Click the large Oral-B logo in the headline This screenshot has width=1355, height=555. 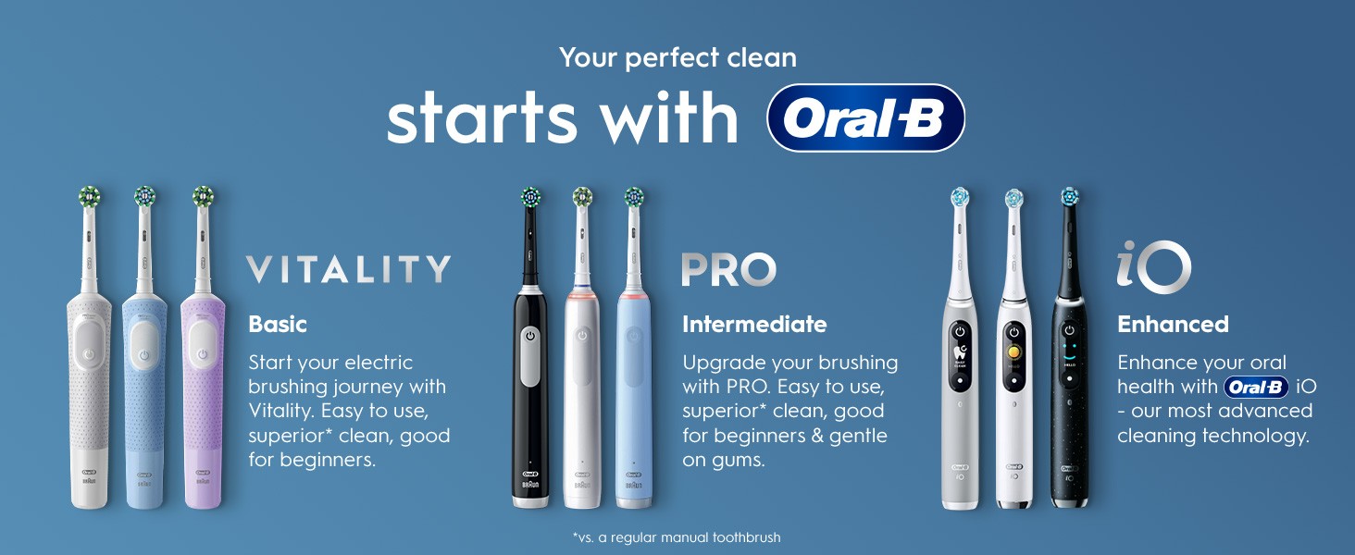(865, 117)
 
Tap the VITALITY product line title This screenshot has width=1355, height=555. (348, 269)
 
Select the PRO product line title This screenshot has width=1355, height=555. (729, 270)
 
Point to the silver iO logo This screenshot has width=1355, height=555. (1153, 266)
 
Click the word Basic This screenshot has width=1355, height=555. (278, 325)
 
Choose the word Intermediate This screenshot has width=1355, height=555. (754, 325)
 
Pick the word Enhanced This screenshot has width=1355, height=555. (1173, 325)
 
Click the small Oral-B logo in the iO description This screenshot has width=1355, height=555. (1256, 387)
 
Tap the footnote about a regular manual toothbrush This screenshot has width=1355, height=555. (677, 536)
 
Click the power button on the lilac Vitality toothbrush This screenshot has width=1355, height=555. (202, 354)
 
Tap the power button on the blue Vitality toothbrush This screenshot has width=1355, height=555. (144, 355)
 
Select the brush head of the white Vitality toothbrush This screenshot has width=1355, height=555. (90, 196)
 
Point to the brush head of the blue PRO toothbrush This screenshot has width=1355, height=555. (634, 197)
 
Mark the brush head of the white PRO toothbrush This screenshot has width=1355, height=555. (582, 197)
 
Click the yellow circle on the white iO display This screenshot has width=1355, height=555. (1013, 351)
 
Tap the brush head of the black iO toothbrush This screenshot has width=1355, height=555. (1070, 196)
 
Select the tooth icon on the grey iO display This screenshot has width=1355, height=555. (960, 351)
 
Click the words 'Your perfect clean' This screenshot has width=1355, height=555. (677, 58)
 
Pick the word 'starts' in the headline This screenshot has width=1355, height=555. (481, 117)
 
